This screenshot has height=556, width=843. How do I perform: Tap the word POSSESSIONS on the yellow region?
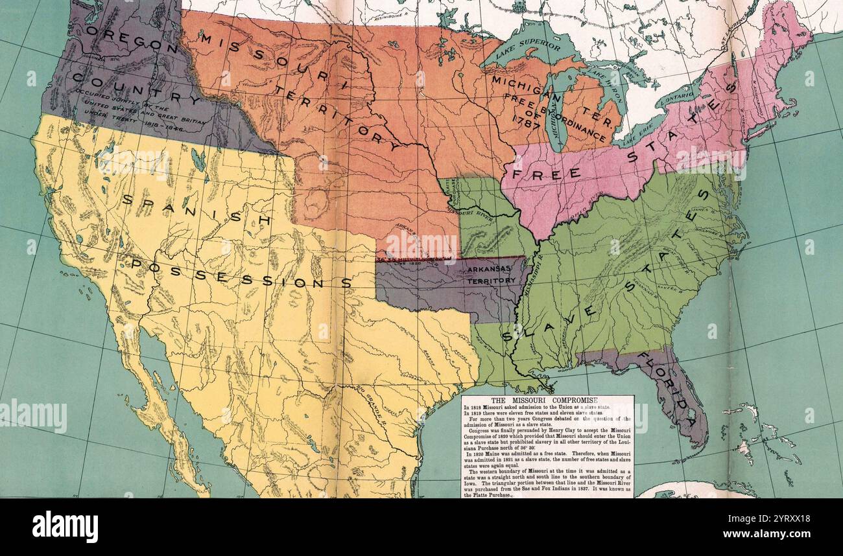point(240,272)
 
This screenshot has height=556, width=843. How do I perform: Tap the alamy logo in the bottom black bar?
point(65,526)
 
